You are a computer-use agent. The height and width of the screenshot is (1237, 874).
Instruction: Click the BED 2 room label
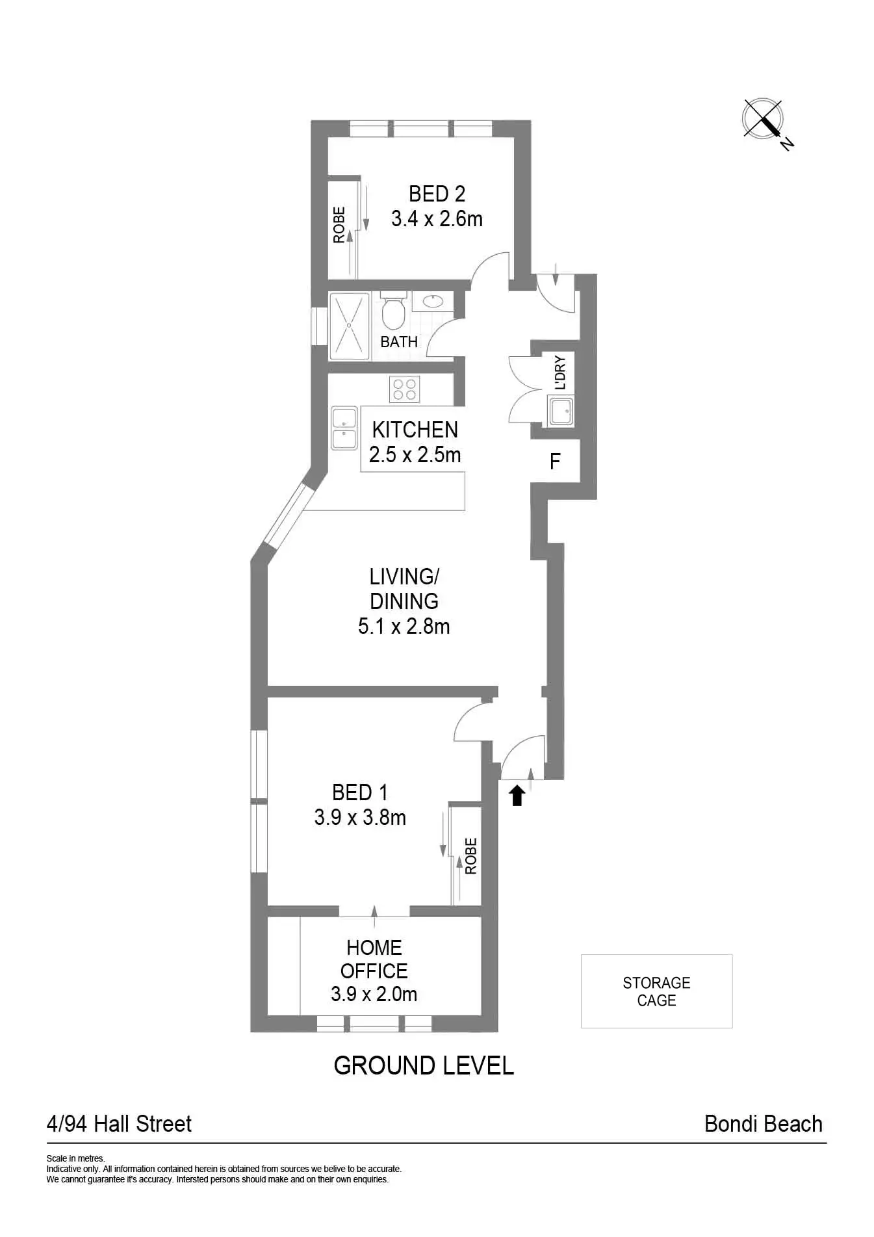pos(437,194)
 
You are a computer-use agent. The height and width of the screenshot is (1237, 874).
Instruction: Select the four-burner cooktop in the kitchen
pos(404,389)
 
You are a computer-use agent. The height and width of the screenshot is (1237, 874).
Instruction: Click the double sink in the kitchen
pos(344,428)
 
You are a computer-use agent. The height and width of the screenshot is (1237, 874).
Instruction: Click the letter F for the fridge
pos(555,462)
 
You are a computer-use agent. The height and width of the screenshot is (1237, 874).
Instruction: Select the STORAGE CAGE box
pos(656,991)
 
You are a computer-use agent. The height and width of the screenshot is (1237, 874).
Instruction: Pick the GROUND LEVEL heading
pos(424,1065)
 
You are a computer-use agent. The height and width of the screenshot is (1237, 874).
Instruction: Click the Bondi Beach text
pos(763,1124)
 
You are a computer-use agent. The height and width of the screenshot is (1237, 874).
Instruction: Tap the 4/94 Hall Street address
pos(119,1124)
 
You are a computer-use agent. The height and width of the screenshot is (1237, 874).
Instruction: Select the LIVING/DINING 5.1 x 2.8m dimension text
pos(404,627)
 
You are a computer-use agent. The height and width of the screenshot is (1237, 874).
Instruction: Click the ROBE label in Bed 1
pos(471,855)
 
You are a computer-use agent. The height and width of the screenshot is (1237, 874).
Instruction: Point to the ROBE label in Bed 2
pos(339,225)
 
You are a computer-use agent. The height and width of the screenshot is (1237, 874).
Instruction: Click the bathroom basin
pos(433,301)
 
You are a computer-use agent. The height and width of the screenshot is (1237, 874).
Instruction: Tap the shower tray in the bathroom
pos(350,326)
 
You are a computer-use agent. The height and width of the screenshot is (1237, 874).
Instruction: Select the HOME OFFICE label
pos(374,959)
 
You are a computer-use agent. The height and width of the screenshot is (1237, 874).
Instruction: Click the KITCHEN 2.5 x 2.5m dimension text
pos(415,454)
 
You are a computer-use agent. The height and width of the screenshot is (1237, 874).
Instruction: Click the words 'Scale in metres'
pos(75,1158)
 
